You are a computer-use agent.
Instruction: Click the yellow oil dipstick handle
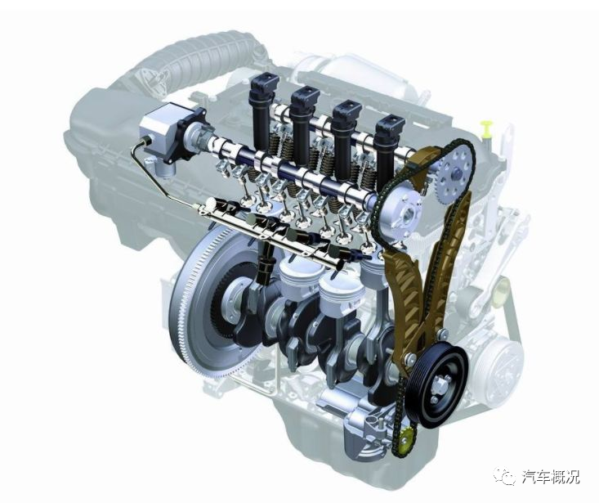[x=487, y=128]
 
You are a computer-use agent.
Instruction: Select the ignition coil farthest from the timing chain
[x=263, y=109]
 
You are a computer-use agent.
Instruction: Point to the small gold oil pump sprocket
[x=405, y=439]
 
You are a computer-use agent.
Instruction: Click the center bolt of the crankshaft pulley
[x=440, y=384]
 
